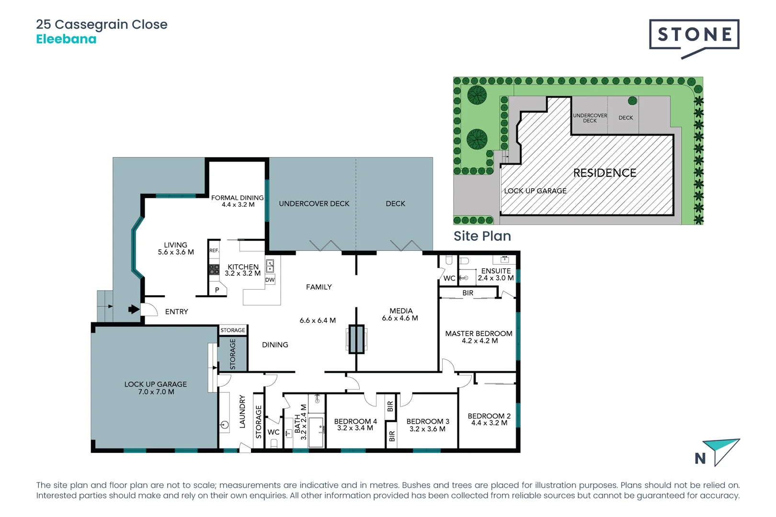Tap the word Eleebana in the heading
(x=66, y=39)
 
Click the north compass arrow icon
(x=720, y=451)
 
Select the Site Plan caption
(x=482, y=236)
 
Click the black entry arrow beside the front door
(x=134, y=309)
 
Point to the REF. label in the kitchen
(x=214, y=250)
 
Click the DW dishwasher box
(x=270, y=280)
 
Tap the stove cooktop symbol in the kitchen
(x=214, y=270)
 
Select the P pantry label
(x=217, y=290)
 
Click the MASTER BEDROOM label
(x=479, y=337)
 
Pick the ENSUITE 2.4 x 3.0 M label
(x=495, y=274)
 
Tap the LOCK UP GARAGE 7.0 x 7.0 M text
(x=156, y=388)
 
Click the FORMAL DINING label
(x=238, y=201)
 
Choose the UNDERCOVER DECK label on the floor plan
(x=314, y=203)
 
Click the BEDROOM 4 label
(x=355, y=425)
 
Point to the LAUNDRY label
(x=242, y=412)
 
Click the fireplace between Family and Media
(x=356, y=339)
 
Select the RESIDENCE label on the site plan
(x=605, y=173)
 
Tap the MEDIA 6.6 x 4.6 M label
(x=400, y=315)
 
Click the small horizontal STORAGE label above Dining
(x=233, y=330)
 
